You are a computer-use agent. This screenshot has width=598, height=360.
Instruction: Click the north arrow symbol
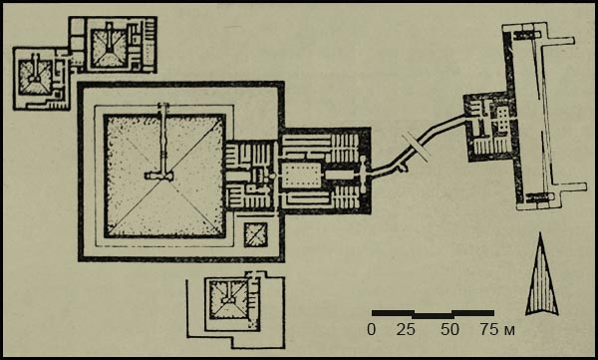pos(541,278)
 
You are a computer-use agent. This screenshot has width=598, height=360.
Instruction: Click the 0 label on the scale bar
pos(371,329)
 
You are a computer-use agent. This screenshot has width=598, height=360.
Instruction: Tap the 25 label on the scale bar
pos(406,329)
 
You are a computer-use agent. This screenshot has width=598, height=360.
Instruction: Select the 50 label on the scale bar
pos(450,329)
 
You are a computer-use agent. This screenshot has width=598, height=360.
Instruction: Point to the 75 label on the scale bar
pos(489,329)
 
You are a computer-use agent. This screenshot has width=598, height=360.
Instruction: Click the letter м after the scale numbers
pos(509,331)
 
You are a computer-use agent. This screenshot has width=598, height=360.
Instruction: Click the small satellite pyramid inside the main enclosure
pos(255,234)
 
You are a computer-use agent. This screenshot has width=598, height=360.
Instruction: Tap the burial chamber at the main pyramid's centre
pos(158,176)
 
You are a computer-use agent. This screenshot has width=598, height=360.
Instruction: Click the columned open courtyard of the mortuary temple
pos(300,176)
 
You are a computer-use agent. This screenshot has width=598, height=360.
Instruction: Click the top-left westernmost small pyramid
pos(36,78)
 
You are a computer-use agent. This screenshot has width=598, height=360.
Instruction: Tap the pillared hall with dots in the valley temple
pos(502,118)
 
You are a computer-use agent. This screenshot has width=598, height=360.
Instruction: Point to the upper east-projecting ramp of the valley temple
pos(558,41)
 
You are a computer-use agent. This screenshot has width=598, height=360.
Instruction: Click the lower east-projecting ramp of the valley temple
pos(569,187)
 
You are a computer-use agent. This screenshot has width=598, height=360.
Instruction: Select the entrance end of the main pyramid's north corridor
pos(163,105)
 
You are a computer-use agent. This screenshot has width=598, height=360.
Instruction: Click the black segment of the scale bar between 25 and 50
pos(434,316)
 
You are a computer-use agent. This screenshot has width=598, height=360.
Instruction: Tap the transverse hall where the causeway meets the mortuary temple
pos(363,175)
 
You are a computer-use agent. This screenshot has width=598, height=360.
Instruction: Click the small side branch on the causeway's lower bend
pos(403,168)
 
